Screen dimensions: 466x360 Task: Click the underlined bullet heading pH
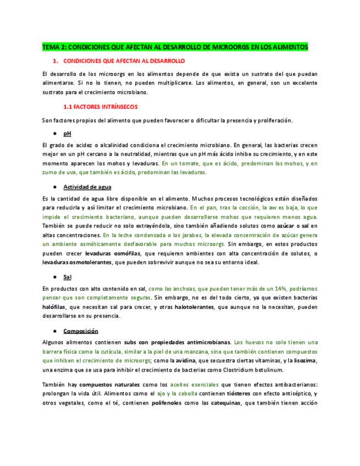tap(67, 134)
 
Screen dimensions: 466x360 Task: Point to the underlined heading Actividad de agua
tap(87, 187)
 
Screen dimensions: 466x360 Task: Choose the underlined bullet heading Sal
tap(67, 277)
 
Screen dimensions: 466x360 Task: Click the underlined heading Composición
tap(80, 331)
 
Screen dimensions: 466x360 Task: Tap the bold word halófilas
tap(55, 307)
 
